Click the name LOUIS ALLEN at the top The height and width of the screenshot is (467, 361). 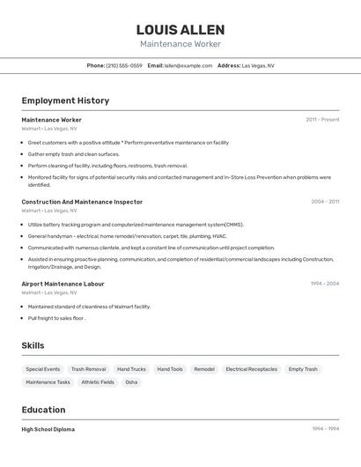(x=180, y=30)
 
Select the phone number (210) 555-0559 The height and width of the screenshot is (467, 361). (x=124, y=65)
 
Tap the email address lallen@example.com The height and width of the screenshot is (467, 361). (x=188, y=65)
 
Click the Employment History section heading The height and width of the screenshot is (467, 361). (x=65, y=100)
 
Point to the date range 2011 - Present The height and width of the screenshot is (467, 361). (x=322, y=120)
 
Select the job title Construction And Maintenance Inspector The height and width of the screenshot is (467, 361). (x=82, y=202)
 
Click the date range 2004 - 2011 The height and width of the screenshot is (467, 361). (x=325, y=202)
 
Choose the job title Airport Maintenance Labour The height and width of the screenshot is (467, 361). (x=63, y=284)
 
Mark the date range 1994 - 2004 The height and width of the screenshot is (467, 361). (x=325, y=284)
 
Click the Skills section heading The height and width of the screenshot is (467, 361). (x=33, y=345)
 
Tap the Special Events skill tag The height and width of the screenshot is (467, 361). (x=43, y=369)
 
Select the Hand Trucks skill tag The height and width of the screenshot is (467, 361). (x=131, y=369)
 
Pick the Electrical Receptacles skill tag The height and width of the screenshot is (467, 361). (x=251, y=369)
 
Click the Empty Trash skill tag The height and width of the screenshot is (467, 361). (x=303, y=369)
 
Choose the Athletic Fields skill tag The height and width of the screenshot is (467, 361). (x=98, y=382)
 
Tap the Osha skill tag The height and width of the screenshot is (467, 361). (x=131, y=382)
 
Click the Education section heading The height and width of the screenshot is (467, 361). (x=43, y=410)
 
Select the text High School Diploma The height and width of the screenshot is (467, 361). (x=48, y=429)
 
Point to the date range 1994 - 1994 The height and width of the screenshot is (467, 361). (x=325, y=429)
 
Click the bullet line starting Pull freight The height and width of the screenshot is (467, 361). (x=56, y=318)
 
